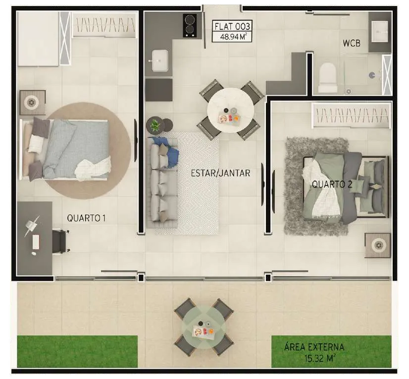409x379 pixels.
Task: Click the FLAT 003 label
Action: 232,26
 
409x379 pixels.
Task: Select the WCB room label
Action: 352,43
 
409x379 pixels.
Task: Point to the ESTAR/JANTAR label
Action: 220,173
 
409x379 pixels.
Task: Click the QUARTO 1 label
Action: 86,218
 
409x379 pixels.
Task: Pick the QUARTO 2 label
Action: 332,184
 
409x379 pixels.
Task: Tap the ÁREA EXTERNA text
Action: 314,347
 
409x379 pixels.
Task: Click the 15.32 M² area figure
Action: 320,358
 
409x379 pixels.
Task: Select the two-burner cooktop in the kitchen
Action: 190,25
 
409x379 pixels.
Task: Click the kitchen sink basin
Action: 160,61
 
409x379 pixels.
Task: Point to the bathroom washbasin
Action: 380,32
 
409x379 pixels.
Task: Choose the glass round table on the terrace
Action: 204,327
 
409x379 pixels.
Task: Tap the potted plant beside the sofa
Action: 155,125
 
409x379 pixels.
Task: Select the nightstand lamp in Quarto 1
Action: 31,102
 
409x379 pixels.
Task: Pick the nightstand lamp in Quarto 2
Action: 378,245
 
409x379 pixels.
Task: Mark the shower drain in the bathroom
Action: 348,91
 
